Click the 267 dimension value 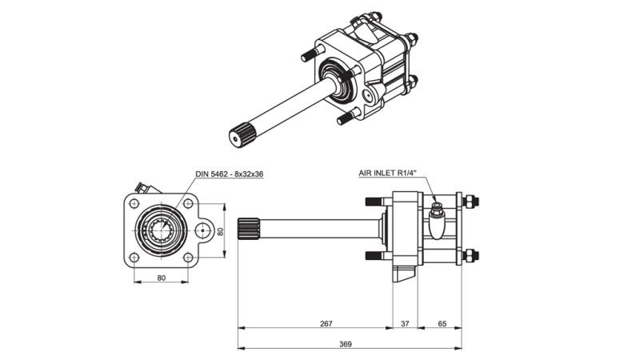pyautogui.click(x=325, y=323)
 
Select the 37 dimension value pyautogui.click(x=405, y=323)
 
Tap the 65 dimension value pyautogui.click(x=442, y=323)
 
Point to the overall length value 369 pyautogui.click(x=345, y=343)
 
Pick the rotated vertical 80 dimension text pyautogui.click(x=222, y=230)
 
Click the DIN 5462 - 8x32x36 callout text pyautogui.click(x=230, y=174)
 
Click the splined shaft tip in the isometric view pyautogui.click(x=238, y=136)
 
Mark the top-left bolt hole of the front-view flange pyautogui.click(x=134, y=203)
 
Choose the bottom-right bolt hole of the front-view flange pyautogui.click(x=188, y=258)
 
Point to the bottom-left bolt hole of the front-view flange pyautogui.click(x=134, y=258)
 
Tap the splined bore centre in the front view pyautogui.click(x=161, y=230)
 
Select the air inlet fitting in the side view pyautogui.click(x=437, y=210)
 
